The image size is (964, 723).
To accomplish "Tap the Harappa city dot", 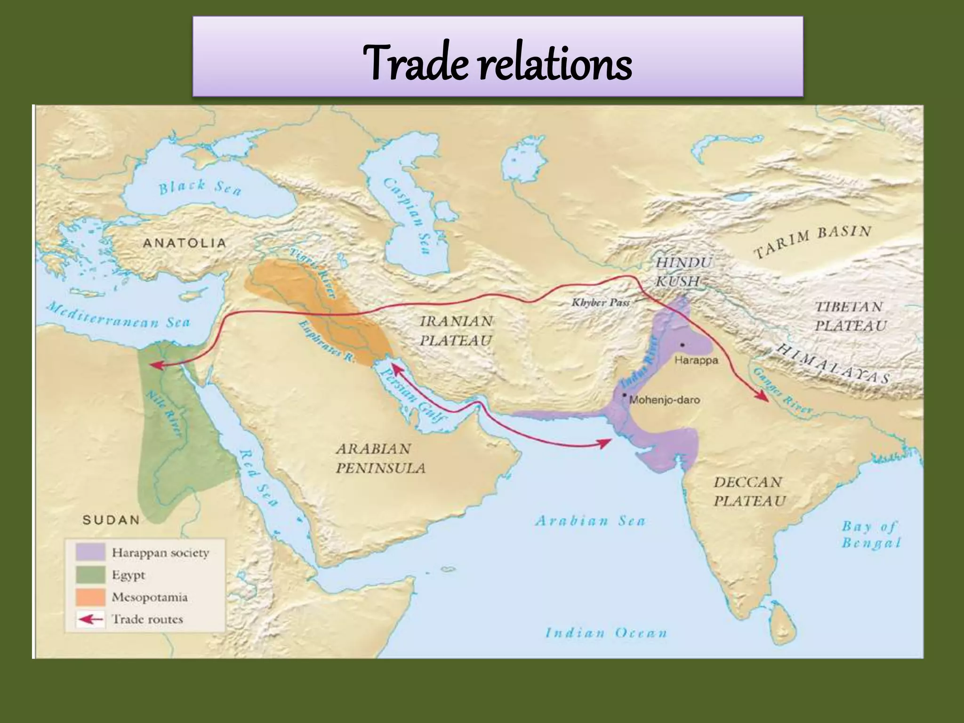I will [x=682, y=345].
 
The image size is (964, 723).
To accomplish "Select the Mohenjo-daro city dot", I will [x=624, y=394].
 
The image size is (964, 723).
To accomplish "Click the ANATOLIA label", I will [x=185, y=243].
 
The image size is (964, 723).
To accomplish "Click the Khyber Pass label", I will [x=601, y=302].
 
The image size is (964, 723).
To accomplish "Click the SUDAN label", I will [x=111, y=520].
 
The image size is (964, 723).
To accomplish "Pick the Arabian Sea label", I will [x=590, y=521].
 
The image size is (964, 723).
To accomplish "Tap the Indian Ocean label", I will [x=606, y=633].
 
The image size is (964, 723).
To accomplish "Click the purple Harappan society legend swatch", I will [x=90, y=553].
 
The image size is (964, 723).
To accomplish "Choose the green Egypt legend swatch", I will [x=90, y=575].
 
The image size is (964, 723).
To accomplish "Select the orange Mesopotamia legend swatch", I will [x=90, y=597].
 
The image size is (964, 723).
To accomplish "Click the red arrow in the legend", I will [x=90, y=619].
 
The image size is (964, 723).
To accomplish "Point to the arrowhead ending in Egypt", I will [x=155, y=365].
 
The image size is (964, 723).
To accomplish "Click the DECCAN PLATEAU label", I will [x=749, y=491].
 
